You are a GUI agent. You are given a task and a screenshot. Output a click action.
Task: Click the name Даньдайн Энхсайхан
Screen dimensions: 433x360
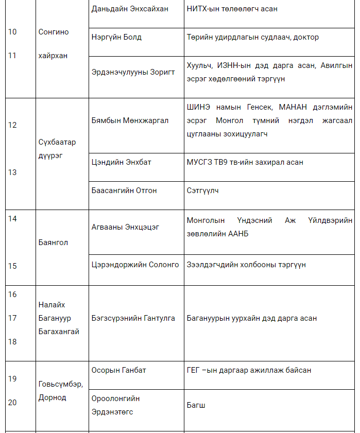[130, 9]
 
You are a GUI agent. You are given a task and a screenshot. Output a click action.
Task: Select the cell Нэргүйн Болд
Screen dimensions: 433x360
[116, 37]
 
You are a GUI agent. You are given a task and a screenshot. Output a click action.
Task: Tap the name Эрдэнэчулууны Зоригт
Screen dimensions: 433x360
[133, 72]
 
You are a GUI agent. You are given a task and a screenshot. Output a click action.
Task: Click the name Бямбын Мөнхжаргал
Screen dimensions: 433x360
[130, 120]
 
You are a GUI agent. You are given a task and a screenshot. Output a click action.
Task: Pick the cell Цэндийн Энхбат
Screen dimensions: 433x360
[121, 162]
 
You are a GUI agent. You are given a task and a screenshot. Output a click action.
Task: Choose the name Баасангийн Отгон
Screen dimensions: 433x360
[124, 190]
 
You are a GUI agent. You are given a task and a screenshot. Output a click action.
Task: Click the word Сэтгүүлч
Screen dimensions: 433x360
[203, 190]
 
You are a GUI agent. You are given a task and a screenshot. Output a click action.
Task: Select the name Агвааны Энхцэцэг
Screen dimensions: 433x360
[125, 227]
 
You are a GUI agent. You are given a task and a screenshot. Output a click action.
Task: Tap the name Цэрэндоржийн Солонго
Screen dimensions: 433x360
[135, 265]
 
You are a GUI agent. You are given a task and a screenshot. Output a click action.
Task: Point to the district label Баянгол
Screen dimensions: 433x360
[53, 242]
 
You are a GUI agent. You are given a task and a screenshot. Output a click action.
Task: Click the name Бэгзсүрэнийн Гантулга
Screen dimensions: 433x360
[133, 318]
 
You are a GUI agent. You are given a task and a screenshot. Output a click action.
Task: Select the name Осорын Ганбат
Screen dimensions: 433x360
[118, 370]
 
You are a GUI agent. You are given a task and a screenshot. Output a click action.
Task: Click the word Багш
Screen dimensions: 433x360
[196, 405]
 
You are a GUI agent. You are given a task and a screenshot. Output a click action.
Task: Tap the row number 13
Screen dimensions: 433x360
[12, 172]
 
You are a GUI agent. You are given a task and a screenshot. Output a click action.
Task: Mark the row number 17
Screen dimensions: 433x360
[12, 318]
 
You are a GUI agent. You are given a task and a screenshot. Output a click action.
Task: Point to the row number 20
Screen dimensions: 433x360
[12, 402]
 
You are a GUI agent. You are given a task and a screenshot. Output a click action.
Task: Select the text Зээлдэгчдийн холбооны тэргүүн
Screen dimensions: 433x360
[246, 265]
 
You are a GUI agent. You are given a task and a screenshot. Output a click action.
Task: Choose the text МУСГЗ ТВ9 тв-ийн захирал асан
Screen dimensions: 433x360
[245, 162]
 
